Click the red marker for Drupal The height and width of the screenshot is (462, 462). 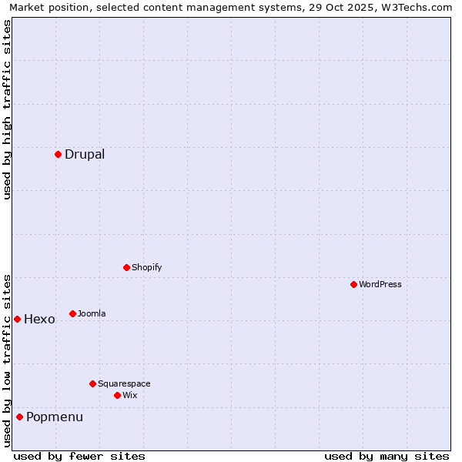(x=58, y=154)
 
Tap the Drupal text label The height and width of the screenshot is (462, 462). (x=85, y=154)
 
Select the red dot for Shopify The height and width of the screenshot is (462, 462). (x=126, y=267)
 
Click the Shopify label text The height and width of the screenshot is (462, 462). (x=146, y=267)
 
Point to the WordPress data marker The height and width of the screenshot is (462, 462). (x=353, y=284)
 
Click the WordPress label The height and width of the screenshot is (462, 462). (x=380, y=284)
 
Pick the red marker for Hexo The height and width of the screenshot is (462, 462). (x=17, y=319)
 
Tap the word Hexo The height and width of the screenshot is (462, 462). (x=39, y=319)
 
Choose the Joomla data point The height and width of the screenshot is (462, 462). (x=72, y=313)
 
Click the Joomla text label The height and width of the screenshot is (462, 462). (x=92, y=313)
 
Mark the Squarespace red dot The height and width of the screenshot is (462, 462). (x=92, y=383)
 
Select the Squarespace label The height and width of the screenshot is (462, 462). (x=124, y=383)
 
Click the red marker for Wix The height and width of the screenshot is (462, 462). (x=117, y=395)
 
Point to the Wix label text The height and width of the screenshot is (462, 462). (x=130, y=395)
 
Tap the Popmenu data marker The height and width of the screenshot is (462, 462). (x=19, y=417)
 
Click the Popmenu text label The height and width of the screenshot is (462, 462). (x=55, y=417)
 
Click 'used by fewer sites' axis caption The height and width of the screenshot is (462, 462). (x=79, y=456)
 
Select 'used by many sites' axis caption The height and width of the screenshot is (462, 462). (x=387, y=456)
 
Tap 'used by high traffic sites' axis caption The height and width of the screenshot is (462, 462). (x=8, y=109)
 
